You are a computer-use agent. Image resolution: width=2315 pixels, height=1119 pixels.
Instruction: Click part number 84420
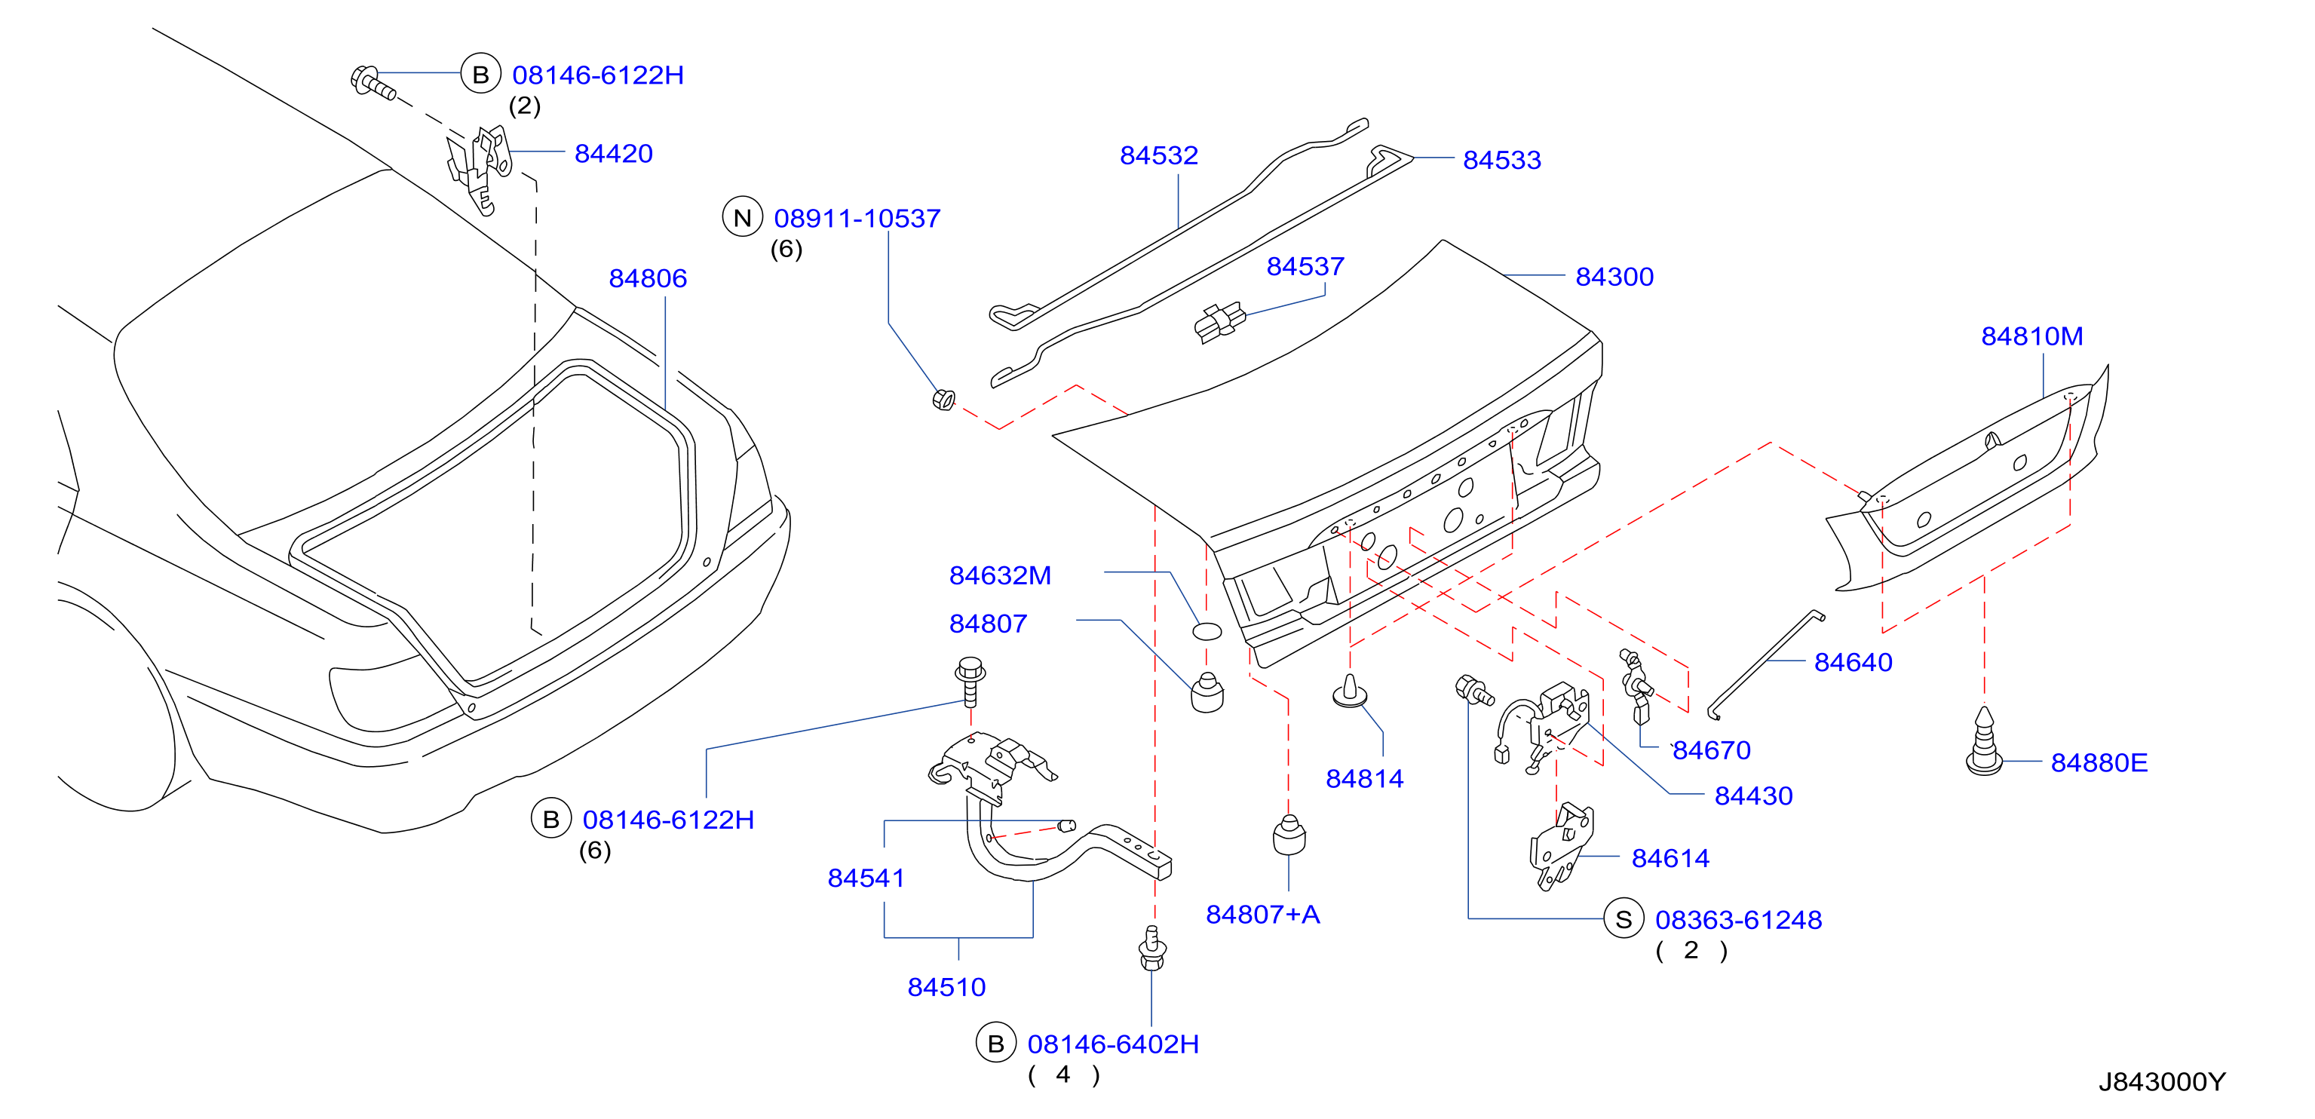click(613, 154)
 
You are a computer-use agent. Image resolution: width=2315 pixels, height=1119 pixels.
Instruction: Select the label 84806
click(648, 279)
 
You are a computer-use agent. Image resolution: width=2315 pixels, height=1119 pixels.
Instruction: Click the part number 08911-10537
click(857, 219)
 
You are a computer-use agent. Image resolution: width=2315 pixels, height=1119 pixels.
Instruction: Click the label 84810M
click(2032, 336)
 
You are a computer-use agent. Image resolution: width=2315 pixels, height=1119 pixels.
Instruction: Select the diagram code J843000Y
click(2162, 1081)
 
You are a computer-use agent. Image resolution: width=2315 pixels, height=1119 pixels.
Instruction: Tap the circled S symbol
click(1624, 918)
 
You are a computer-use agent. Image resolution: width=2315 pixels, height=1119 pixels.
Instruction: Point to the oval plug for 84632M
click(1207, 631)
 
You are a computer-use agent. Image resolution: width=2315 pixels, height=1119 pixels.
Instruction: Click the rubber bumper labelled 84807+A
click(1289, 835)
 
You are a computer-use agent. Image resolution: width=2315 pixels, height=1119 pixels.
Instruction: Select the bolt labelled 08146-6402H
click(1152, 949)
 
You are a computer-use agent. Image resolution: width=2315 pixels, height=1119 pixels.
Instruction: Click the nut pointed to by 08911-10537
click(943, 399)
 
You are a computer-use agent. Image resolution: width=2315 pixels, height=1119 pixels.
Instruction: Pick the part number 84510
click(946, 987)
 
